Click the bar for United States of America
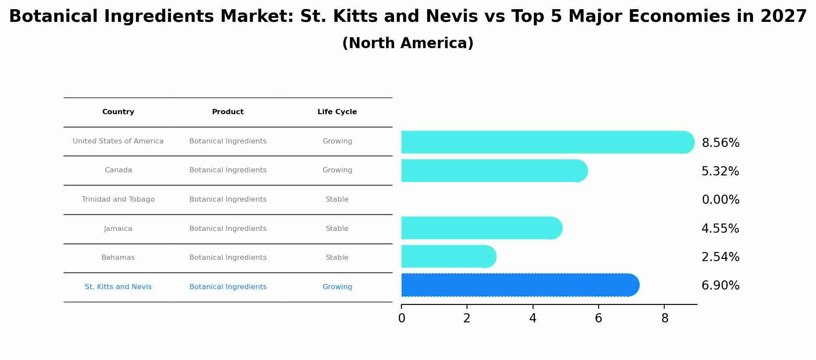pos(547,142)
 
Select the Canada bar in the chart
pos(494,171)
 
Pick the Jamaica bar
pos(481,228)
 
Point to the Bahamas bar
pos(448,256)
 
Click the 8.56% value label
pos(720,143)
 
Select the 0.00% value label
pos(720,200)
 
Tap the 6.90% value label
pos(720,286)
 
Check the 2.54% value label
pos(720,257)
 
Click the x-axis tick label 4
pos(533,318)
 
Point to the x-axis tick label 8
pos(665,318)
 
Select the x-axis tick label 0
pos(401,318)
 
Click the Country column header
pos(118,112)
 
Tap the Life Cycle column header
pos(337,112)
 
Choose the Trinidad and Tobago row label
pos(118,199)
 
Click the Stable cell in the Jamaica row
pos(337,229)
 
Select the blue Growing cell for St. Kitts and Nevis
pos(337,287)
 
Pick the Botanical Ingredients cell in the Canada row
pos(228,170)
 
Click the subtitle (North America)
pos(408,43)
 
